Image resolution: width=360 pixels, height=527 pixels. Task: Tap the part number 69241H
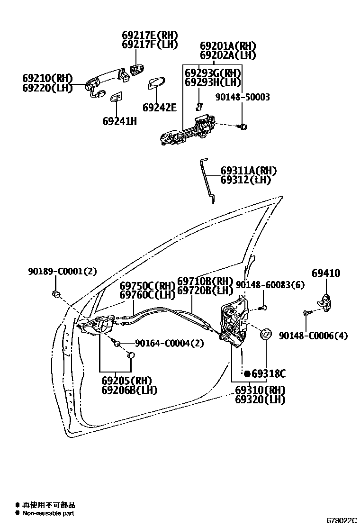click(119, 121)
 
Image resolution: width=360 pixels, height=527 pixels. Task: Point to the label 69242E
click(159, 108)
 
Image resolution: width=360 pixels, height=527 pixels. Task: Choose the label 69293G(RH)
click(213, 73)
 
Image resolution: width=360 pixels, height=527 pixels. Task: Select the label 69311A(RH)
click(248, 171)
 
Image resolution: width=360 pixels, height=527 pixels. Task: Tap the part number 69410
click(326, 273)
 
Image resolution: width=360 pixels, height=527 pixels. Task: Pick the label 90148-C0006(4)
click(313, 336)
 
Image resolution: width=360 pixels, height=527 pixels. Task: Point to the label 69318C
click(269, 374)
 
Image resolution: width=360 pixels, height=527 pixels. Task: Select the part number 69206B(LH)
click(129, 390)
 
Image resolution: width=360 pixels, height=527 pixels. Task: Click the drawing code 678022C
click(341, 520)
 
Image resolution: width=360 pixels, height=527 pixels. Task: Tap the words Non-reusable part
click(48, 513)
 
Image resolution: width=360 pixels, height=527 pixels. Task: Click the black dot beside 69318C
click(247, 374)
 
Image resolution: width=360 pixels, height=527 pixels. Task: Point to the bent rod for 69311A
click(207, 180)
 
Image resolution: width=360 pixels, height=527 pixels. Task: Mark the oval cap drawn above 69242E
click(155, 84)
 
